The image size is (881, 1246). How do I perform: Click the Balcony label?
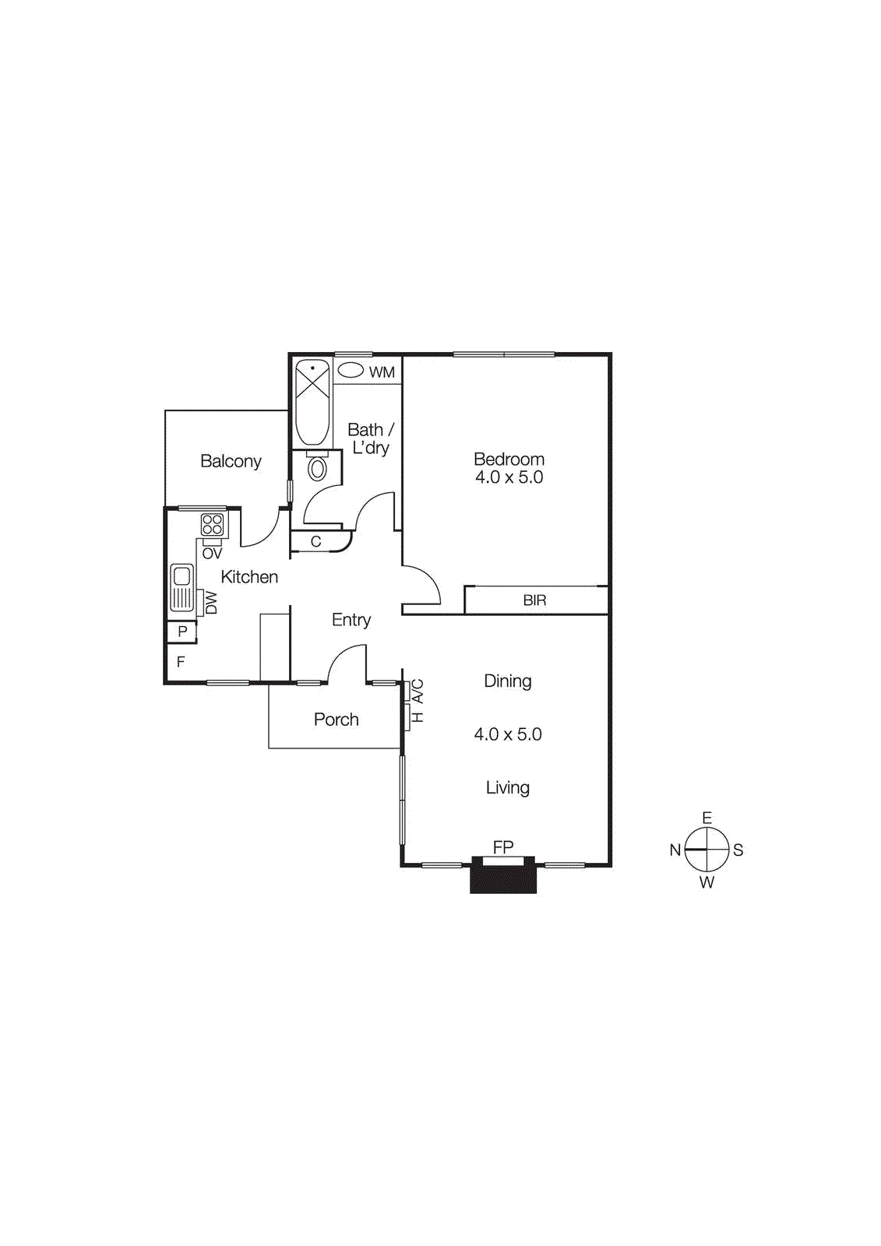point(231,461)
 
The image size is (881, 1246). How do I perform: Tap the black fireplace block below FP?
point(503,878)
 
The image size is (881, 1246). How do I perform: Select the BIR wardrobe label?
point(534,600)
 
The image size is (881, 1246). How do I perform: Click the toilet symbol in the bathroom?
point(317,468)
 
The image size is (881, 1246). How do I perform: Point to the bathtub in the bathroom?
point(312,402)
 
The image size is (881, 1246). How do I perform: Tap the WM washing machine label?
point(382,372)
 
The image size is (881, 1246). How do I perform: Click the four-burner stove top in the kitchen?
point(212,525)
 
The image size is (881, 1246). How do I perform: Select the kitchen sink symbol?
point(181,587)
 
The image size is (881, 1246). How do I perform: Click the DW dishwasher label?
point(211,603)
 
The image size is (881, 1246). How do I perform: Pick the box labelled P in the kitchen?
point(181,632)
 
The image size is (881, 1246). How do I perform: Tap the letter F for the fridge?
point(181,662)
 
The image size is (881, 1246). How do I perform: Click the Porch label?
point(336,720)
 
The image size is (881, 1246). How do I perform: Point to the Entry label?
point(351,620)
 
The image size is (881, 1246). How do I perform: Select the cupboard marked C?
point(316,542)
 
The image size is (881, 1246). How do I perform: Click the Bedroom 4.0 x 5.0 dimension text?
point(509,477)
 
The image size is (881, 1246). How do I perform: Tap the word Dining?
point(507,681)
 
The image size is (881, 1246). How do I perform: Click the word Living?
point(507,788)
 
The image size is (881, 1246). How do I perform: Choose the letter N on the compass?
point(675,850)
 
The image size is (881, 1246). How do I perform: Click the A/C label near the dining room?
point(418,690)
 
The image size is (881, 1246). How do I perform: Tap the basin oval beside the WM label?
point(351,371)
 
